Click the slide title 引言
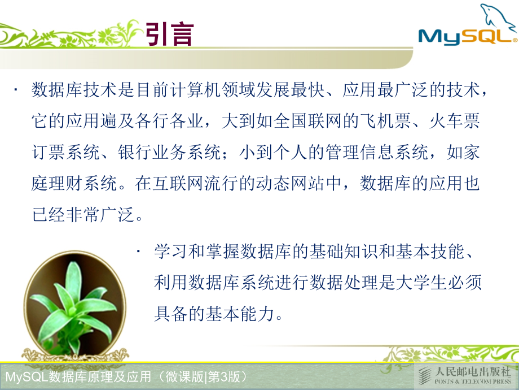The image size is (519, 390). click(169, 34)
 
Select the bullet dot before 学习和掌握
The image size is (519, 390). click(139, 252)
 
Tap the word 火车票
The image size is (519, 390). click(455, 120)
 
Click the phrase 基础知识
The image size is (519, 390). click(343, 251)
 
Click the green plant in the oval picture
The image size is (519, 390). click(73, 305)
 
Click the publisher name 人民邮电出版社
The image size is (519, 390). click(473, 371)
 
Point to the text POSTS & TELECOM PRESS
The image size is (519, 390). click(473, 382)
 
